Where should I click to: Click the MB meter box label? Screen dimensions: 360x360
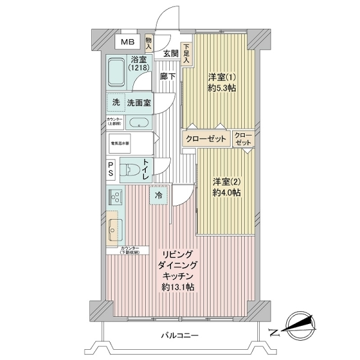127,42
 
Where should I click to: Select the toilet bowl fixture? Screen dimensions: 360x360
129,169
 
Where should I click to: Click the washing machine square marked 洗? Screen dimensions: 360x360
116,103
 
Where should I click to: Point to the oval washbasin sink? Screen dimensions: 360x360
139,124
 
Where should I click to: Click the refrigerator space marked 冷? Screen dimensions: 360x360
158,195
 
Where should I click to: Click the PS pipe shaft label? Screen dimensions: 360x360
112,169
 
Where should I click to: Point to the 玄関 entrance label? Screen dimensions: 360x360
170,53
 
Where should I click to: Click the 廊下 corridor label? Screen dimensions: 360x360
167,76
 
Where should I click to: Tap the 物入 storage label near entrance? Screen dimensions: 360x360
149,44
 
